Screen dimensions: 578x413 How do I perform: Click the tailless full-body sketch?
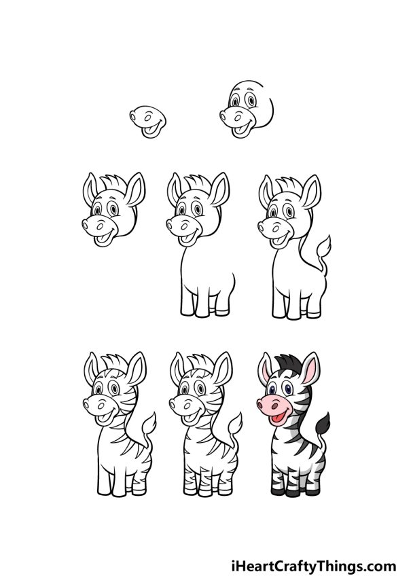[x=200, y=251]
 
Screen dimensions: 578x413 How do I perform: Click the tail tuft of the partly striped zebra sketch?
[x=149, y=425]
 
